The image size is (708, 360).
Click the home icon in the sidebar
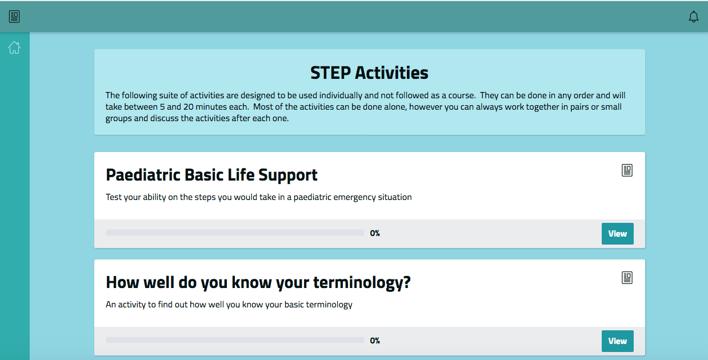(14, 48)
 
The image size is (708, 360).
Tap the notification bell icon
(693, 17)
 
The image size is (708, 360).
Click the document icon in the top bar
(14, 17)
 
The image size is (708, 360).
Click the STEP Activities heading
(369, 73)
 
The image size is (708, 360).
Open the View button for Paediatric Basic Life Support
(617, 234)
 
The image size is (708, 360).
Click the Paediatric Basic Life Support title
(211, 175)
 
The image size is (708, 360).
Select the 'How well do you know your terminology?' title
(258, 282)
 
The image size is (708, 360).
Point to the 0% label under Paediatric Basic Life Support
(375, 233)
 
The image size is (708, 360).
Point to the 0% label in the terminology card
(375, 341)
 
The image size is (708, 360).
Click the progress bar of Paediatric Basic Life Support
(235, 233)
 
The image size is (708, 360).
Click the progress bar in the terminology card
(235, 341)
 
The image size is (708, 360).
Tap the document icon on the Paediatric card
(627, 170)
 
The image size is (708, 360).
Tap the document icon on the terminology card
(627, 278)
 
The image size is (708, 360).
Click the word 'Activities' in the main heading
(391, 73)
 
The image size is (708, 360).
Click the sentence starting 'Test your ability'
(258, 197)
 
